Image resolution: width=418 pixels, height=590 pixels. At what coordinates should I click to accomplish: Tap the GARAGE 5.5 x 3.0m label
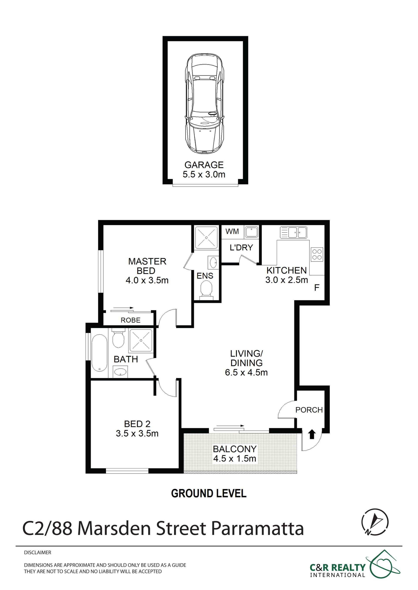click(204, 170)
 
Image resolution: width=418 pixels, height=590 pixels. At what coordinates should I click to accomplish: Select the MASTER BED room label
click(147, 266)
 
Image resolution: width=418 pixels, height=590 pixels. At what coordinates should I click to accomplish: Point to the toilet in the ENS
click(206, 290)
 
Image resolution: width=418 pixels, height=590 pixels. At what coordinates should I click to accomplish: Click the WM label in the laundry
click(232, 231)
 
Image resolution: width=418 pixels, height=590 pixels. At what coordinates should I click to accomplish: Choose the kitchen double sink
click(293, 233)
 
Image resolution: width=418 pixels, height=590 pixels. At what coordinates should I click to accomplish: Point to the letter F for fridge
click(317, 288)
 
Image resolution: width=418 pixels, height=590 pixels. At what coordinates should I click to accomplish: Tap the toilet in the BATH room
click(118, 338)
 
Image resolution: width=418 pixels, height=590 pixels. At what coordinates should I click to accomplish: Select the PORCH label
click(309, 410)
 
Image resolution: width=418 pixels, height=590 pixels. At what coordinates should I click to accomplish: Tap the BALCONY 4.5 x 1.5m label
click(235, 454)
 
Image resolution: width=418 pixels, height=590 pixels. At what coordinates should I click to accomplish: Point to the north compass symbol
click(375, 522)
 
